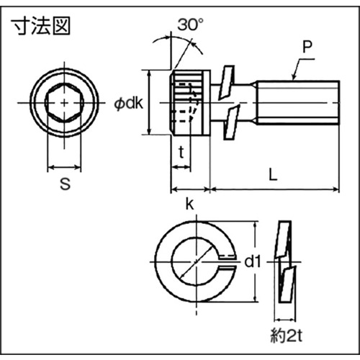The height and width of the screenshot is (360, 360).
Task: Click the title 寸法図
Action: [x=42, y=26]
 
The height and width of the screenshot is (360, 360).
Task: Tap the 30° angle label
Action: [x=190, y=24]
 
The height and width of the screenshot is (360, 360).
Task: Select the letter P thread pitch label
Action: [x=307, y=47]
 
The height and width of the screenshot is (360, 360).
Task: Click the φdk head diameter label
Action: [x=128, y=104]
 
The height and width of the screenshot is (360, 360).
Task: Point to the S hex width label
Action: [x=65, y=184]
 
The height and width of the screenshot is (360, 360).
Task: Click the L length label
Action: [x=273, y=174]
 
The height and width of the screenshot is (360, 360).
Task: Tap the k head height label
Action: [x=189, y=204]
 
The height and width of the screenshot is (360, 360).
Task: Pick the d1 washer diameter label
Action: [x=253, y=261]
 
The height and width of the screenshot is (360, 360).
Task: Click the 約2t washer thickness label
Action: [x=287, y=336]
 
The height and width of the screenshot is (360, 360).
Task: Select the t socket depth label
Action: [x=181, y=152]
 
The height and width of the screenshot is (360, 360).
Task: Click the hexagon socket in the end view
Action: [x=64, y=103]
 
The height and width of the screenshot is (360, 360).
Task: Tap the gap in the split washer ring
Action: [x=227, y=261]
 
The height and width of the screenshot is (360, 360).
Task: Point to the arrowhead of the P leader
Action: [x=294, y=77]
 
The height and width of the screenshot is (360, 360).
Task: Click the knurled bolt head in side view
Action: [x=190, y=103]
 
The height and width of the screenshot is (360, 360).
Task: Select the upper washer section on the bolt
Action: [x=226, y=83]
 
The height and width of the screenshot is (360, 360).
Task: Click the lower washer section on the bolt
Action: [x=232, y=122]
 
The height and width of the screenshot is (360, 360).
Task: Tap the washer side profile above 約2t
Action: [x=285, y=261]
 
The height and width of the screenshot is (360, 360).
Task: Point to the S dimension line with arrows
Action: [x=64, y=167]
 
